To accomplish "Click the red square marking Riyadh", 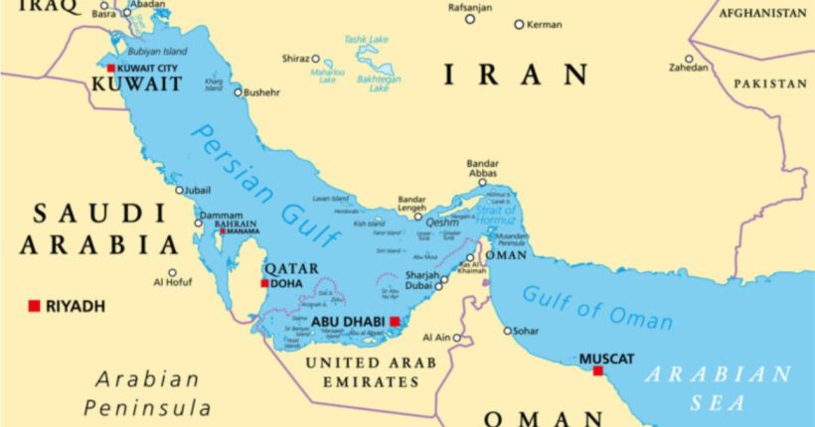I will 34,306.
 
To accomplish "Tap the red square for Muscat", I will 597,370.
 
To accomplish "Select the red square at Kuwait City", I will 111,68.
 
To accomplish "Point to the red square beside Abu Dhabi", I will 395,321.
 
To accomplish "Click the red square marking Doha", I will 264,283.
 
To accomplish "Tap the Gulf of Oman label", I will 597,307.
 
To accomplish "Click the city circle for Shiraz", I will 316,59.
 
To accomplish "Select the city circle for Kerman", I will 519,24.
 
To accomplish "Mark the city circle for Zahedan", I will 689,59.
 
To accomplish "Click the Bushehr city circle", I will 238,92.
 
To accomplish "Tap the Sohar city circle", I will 508,331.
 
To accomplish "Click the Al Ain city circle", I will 457,338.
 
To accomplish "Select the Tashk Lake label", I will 367,40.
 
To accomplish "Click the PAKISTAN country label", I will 770,84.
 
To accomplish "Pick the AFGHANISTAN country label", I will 762,13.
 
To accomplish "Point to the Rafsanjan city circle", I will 470,19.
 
